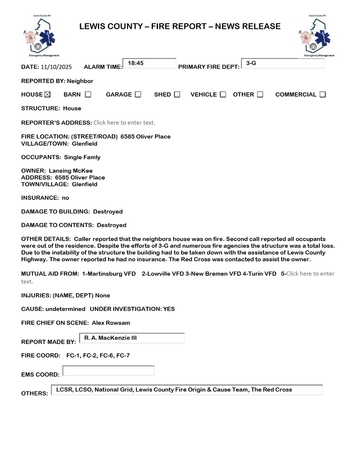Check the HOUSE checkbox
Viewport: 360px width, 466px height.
(47, 94)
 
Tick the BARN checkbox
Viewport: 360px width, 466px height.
(88, 94)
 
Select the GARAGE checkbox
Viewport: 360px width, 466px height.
(138, 94)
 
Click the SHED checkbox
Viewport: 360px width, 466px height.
(177, 94)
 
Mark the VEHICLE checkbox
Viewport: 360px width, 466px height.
(223, 94)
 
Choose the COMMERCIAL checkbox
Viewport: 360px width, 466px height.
(323, 94)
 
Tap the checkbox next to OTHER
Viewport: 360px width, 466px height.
(260, 94)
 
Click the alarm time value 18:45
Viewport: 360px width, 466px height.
(136, 63)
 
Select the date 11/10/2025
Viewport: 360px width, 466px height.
(56, 67)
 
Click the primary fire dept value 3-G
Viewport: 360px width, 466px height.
(251, 63)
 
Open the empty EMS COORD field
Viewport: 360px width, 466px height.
(108, 371)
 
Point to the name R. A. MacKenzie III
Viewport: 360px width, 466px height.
(111, 338)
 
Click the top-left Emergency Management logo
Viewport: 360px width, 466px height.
(41, 36)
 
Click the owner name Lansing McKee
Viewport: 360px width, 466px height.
(77, 171)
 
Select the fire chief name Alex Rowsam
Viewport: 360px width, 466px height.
(111, 323)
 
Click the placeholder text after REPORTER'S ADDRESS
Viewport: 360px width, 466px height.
(124, 123)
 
